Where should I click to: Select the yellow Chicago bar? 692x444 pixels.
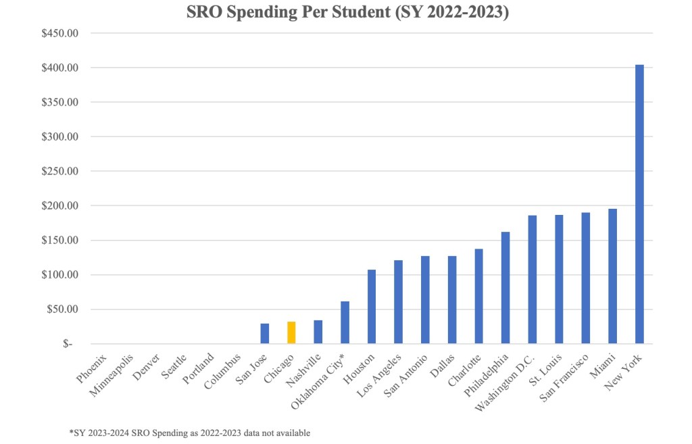[x=291, y=332]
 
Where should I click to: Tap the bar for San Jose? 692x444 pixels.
[x=265, y=333]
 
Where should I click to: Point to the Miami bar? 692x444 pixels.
[x=612, y=276]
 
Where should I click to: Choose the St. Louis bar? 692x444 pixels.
[x=559, y=279]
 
